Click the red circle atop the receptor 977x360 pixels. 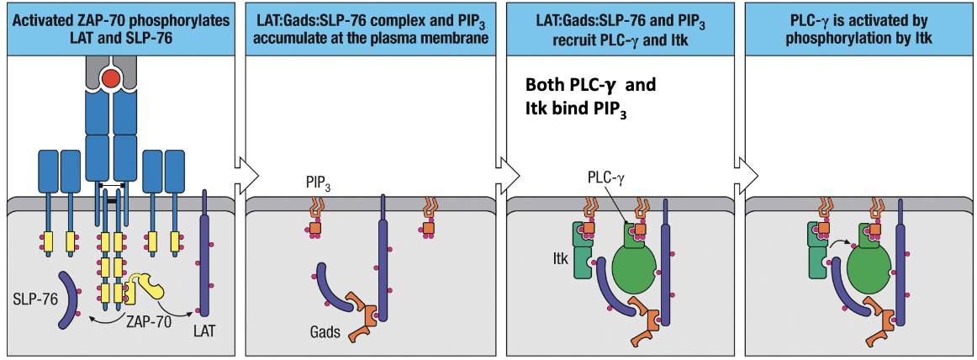pos(110,79)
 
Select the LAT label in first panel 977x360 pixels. pos(204,331)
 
